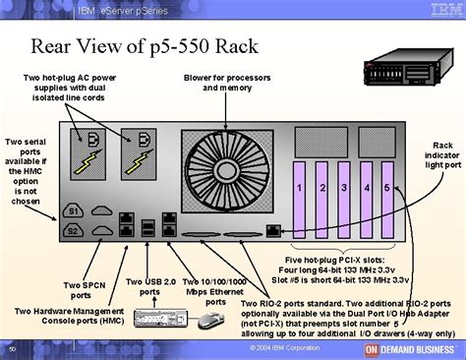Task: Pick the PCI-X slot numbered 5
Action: [x=386, y=187]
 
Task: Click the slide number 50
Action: [x=12, y=349]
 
